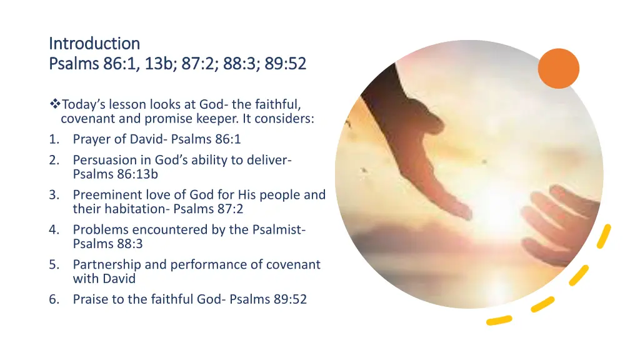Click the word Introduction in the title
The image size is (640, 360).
pyautogui.click(x=94, y=44)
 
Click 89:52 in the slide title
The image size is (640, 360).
pyautogui.click(x=285, y=64)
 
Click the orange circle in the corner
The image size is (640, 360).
pyautogui.click(x=558, y=69)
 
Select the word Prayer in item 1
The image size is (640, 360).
pyautogui.click(x=91, y=139)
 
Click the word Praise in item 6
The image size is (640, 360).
pyautogui.click(x=90, y=299)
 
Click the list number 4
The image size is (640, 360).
pyautogui.click(x=54, y=230)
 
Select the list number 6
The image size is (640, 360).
pyautogui.click(x=54, y=299)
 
